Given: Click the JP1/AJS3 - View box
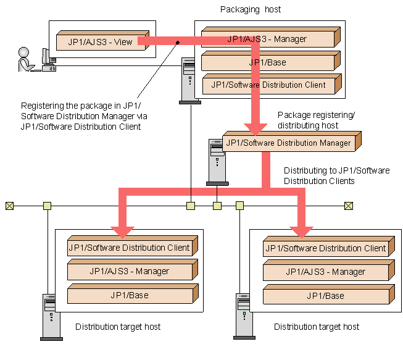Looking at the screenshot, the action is [x=103, y=41].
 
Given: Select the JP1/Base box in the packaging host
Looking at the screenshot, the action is [x=271, y=61].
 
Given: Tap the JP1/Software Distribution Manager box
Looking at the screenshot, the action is [x=292, y=141].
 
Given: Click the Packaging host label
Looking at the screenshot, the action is [x=251, y=9].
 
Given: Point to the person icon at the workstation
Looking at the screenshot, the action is [x=26, y=59].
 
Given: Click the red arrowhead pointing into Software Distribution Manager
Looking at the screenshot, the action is [x=256, y=129].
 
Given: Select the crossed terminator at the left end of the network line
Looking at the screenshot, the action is [x=9, y=206].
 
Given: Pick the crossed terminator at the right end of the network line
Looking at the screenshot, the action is [x=349, y=206].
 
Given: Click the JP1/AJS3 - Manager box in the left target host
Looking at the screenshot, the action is [x=133, y=270].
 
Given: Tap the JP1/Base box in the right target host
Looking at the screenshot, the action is [x=329, y=295].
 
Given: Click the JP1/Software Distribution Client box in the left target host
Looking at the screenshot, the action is [x=133, y=246].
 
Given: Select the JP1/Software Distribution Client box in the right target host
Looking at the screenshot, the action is [x=329, y=246].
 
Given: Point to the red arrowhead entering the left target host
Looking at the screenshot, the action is [x=123, y=232].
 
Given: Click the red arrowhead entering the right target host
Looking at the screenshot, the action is [x=302, y=232].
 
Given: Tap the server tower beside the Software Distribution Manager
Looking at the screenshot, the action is [x=217, y=162].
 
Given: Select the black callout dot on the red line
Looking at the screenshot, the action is [x=178, y=43].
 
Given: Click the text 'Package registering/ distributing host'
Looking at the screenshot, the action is [x=316, y=120].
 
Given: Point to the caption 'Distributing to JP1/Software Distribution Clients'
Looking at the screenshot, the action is [x=337, y=175].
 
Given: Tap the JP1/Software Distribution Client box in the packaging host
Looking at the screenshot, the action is [x=272, y=84].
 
